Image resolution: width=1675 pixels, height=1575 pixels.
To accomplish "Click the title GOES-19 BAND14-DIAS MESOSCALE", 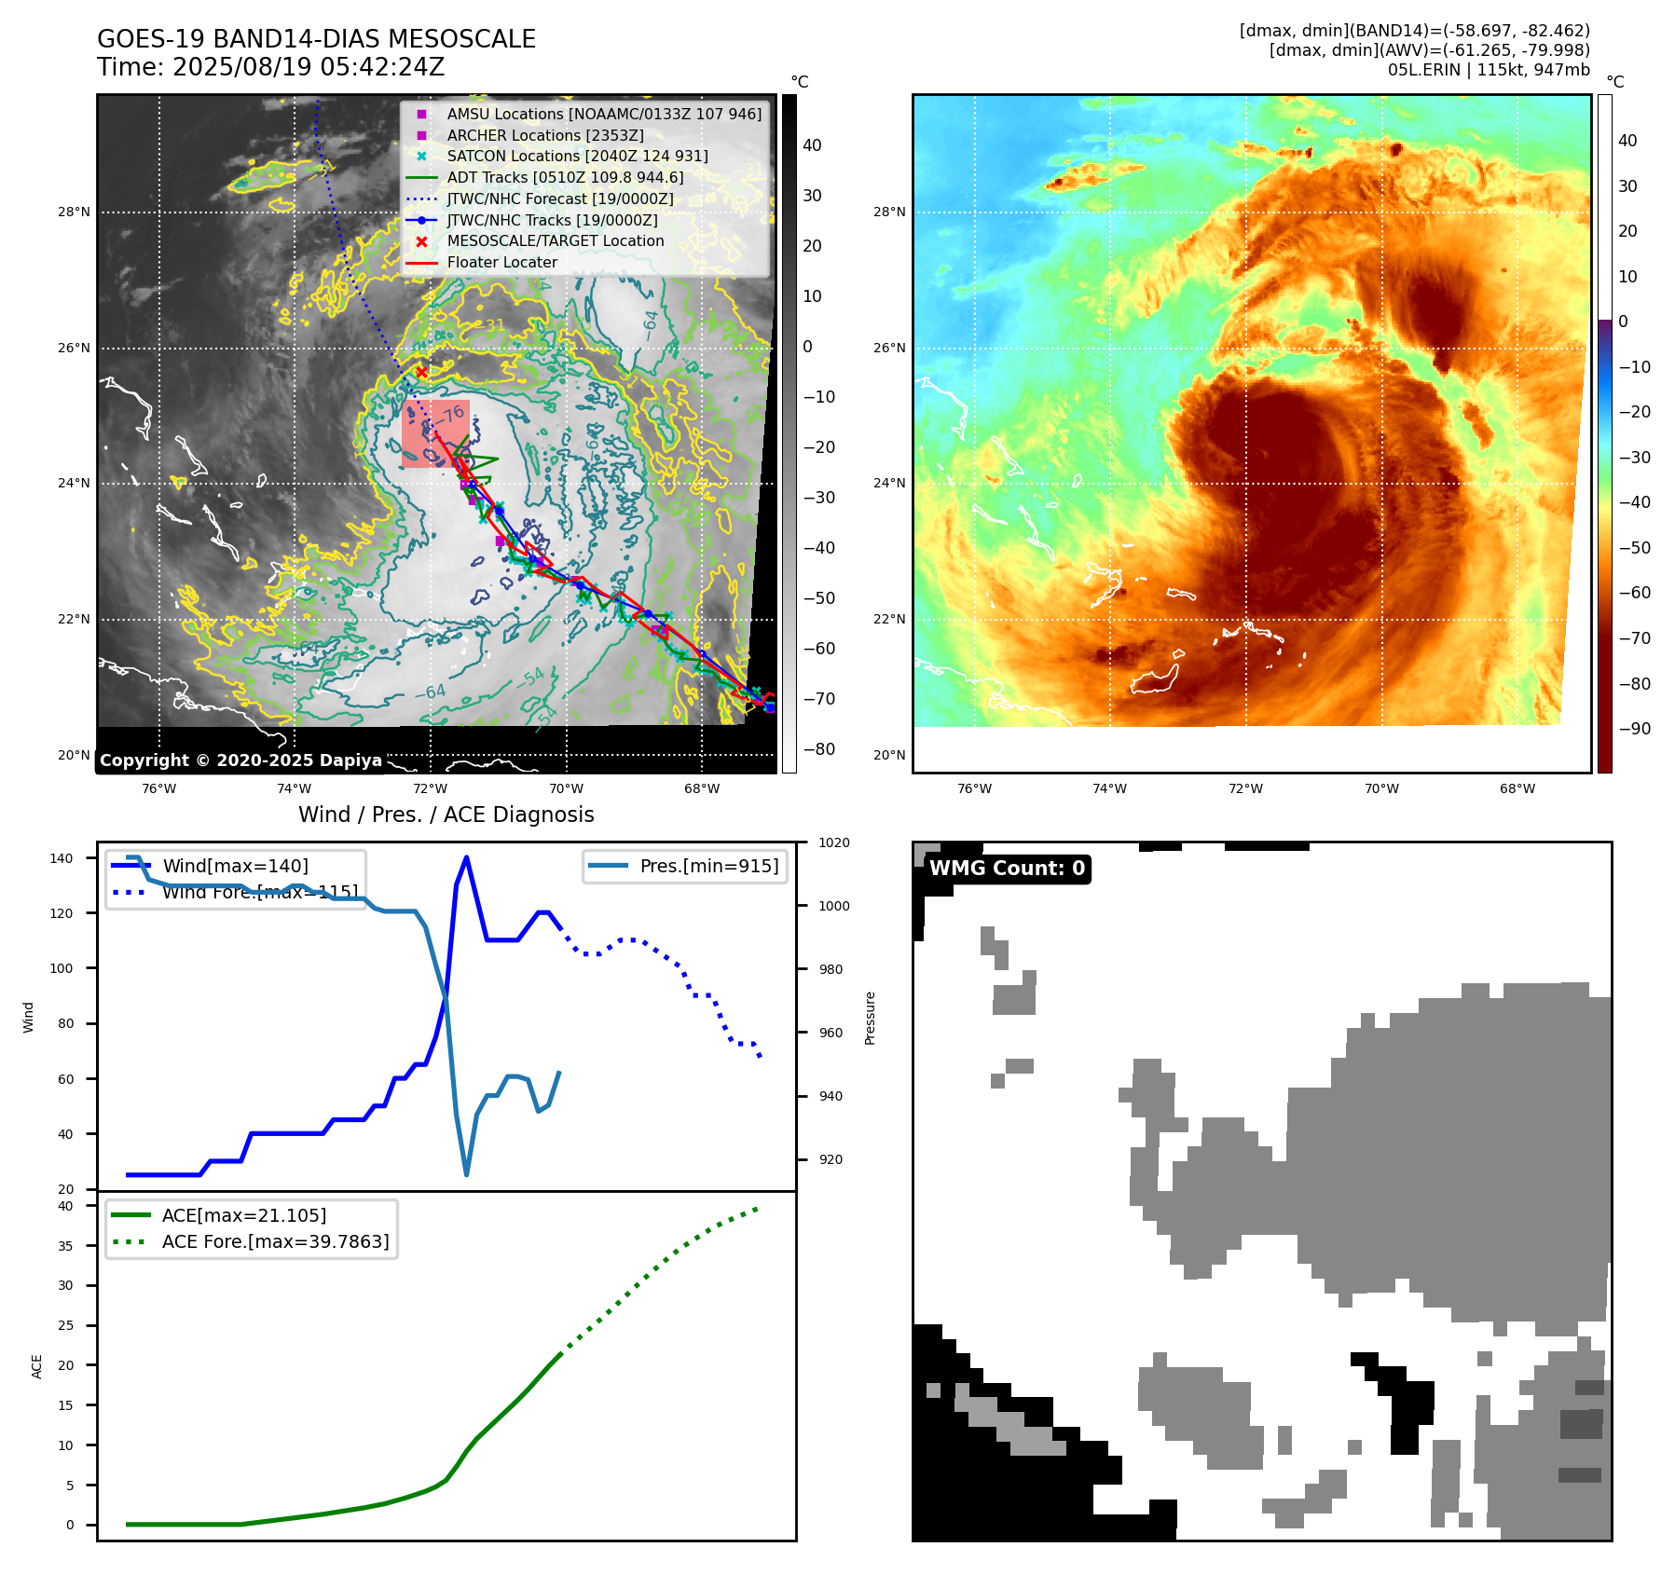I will [316, 39].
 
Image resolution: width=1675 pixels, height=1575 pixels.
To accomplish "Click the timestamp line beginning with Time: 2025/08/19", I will [270, 67].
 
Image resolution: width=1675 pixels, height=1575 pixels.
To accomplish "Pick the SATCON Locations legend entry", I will [577, 156].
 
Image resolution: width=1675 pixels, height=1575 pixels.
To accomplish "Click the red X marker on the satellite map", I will [421, 372].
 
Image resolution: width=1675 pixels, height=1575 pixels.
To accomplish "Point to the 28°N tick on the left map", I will [74, 212].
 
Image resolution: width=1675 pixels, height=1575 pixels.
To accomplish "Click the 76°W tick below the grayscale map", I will [158, 788].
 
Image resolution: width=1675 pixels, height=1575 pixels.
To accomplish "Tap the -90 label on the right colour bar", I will [1634, 729].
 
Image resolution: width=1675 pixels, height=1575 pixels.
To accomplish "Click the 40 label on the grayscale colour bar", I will [812, 145].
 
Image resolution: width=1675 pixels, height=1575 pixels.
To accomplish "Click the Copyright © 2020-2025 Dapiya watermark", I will [240, 760].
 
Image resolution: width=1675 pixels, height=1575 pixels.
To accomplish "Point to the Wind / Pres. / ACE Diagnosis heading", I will [446, 815].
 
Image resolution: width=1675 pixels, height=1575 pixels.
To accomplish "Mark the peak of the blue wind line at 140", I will [466, 857].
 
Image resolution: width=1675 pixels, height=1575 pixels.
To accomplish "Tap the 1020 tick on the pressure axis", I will [833, 842].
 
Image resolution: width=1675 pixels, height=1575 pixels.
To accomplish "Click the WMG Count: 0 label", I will [1007, 869].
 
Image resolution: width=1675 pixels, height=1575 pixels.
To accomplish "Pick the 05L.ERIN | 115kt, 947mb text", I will [1488, 70].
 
